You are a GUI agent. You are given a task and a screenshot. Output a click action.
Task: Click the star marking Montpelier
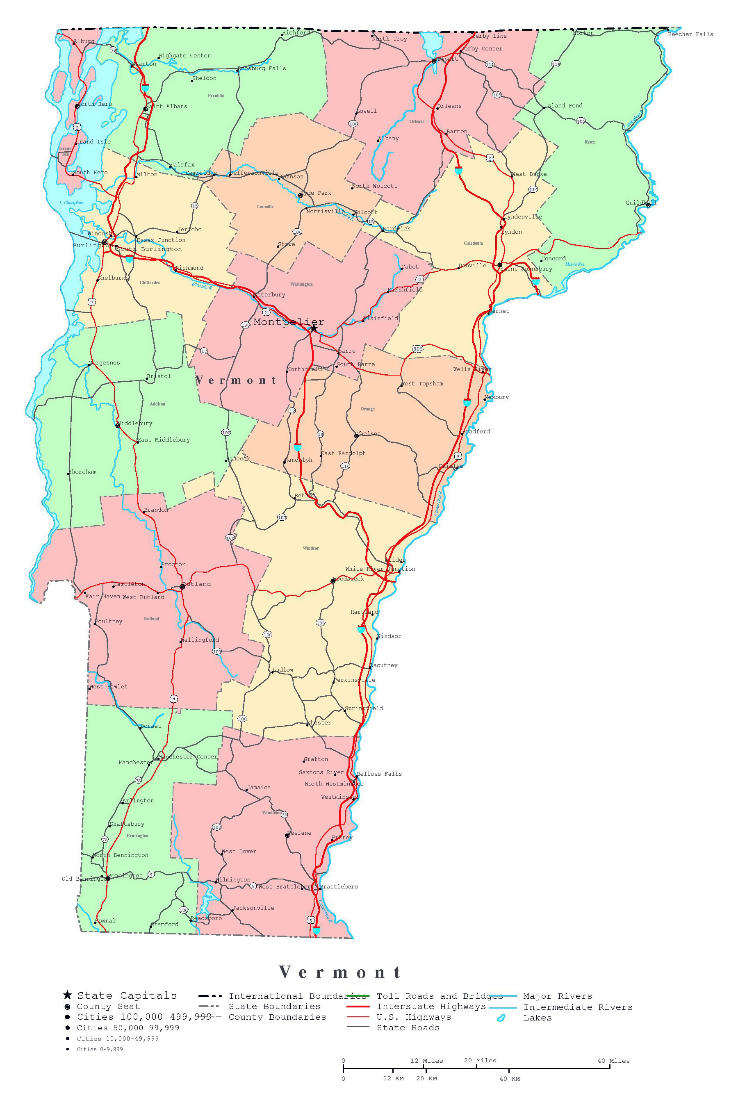[x=314, y=328]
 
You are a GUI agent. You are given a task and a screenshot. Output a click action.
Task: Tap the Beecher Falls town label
[x=690, y=34]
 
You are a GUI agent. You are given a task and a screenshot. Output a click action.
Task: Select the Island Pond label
[x=563, y=105]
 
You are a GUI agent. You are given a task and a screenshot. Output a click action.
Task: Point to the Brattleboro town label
[x=339, y=887]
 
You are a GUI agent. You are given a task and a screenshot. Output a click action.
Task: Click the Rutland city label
[x=197, y=584]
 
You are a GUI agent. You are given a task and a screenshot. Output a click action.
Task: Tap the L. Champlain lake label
[x=71, y=203]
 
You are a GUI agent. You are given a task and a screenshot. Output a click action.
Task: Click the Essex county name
[x=590, y=142]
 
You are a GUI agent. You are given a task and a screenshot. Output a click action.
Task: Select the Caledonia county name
[x=473, y=243]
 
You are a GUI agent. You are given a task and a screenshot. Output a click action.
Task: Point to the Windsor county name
[x=311, y=548]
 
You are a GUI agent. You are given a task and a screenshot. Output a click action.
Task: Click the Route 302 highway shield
[x=417, y=349]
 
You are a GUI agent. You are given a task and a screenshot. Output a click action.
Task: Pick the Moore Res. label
[x=575, y=264]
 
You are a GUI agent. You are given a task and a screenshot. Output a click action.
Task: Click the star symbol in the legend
[x=67, y=995]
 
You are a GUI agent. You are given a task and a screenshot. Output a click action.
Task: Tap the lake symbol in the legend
[x=501, y=1018]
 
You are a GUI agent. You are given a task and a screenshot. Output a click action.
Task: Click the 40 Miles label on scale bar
[x=613, y=1061]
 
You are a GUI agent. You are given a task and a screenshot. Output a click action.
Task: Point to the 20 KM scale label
[x=426, y=1079]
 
